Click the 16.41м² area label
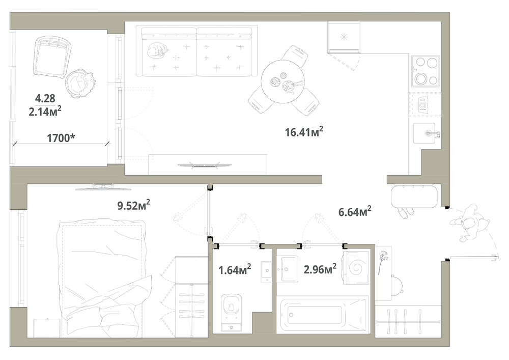(304, 132)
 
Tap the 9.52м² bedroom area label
(133, 205)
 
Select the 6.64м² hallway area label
(355, 212)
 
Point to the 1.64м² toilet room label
(235, 269)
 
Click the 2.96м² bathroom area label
(320, 269)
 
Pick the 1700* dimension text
(61, 138)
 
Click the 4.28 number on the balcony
(45, 98)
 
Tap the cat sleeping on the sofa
(157, 51)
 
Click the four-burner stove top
(426, 71)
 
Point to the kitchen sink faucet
(432, 133)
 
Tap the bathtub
(323, 314)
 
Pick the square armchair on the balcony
(52, 57)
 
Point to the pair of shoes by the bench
(406, 213)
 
